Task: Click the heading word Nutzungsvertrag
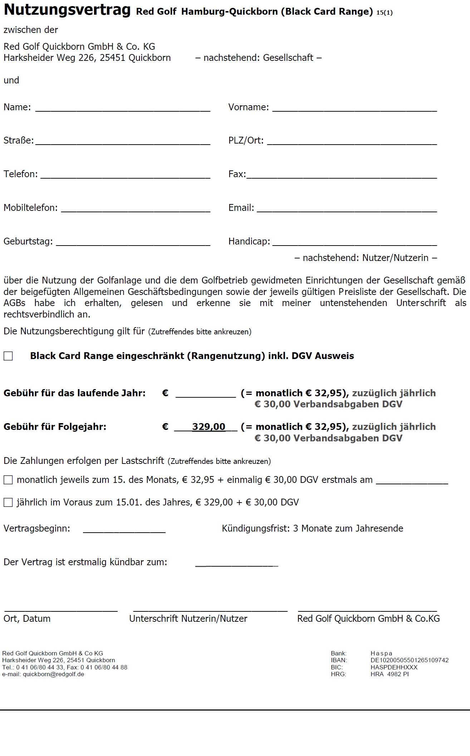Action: click(67, 10)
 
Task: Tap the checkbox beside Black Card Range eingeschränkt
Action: click(8, 356)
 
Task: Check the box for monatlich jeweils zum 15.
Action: click(8, 480)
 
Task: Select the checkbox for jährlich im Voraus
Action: click(8, 503)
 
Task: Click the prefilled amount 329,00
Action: click(209, 427)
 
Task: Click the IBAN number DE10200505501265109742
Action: click(410, 660)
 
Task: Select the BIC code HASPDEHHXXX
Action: click(394, 667)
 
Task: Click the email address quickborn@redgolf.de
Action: click(53, 674)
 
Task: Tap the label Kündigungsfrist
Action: click(255, 528)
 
